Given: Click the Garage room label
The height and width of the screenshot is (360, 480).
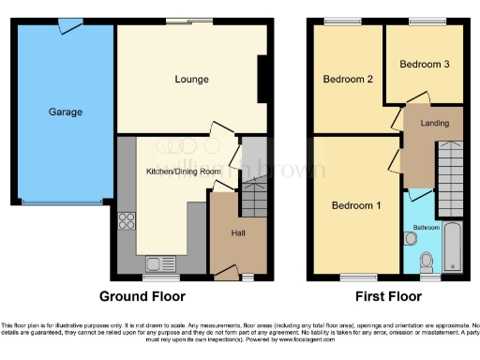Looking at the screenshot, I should click(66, 112).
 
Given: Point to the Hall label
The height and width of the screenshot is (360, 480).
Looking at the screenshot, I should click(238, 232).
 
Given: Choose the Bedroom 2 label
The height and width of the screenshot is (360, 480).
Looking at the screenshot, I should click(349, 80).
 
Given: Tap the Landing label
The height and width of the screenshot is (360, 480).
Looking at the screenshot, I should click(434, 123).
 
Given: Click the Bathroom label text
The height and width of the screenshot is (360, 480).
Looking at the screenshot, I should click(426, 228).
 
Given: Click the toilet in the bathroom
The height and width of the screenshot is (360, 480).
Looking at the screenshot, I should click(427, 260).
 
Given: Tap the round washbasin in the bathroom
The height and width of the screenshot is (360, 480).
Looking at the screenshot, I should click(411, 239).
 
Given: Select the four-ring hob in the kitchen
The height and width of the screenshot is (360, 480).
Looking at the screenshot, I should click(127, 222).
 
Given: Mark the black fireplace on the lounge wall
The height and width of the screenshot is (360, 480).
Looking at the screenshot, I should click(262, 80).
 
